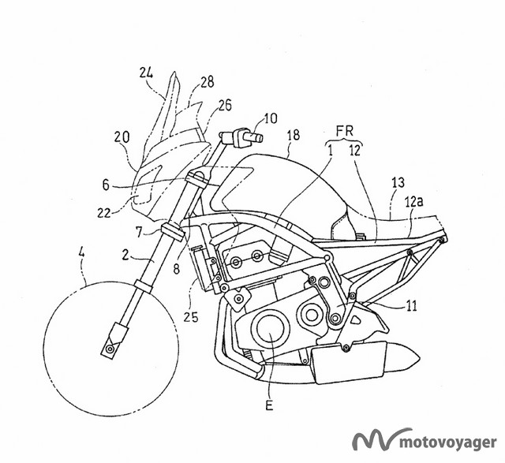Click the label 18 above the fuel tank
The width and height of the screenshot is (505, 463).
tap(294, 136)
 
